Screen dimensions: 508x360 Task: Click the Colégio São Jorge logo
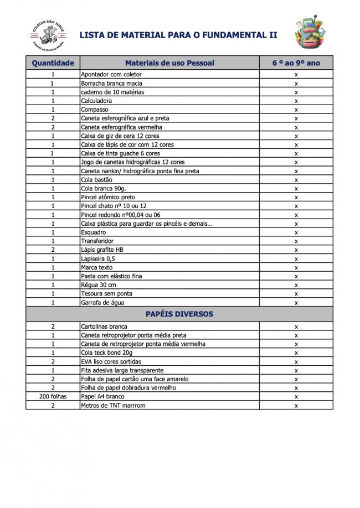(47, 34)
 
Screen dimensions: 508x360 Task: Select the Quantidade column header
(53, 63)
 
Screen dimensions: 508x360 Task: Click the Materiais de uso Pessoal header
(169, 63)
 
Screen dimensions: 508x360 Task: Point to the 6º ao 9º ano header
(296, 63)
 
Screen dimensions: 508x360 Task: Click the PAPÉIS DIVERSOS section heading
(179, 314)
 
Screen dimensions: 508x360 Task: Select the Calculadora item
(96, 101)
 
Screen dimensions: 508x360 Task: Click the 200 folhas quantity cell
(53, 397)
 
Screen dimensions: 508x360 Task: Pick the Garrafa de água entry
(102, 303)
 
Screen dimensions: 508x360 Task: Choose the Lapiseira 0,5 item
(98, 258)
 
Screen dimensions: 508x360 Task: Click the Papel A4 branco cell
(102, 397)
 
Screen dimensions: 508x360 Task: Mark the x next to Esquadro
(296, 232)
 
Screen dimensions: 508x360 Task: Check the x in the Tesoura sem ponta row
(296, 294)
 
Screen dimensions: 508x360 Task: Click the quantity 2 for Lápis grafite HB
(53, 250)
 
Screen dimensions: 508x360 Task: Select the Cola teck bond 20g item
(107, 353)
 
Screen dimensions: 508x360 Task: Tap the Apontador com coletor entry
(111, 74)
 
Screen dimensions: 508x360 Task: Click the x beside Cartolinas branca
(296, 326)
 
